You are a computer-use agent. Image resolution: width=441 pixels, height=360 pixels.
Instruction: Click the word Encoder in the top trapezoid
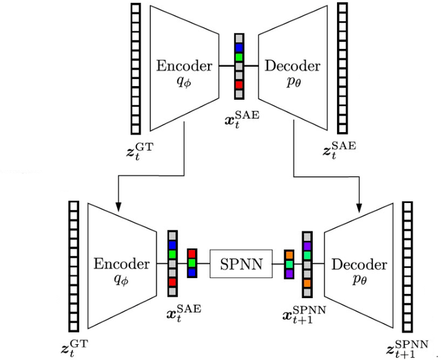coord(185,65)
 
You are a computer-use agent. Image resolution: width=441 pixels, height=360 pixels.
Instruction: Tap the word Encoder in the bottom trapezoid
coord(121,264)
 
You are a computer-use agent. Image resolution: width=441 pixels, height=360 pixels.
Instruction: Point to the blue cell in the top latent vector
coord(239,47)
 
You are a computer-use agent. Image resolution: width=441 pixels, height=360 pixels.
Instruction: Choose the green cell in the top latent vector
coord(239,57)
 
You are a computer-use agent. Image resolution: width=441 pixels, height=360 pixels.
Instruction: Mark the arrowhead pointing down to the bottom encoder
coord(119,206)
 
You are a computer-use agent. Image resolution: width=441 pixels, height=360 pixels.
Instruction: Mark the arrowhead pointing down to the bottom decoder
coord(360,206)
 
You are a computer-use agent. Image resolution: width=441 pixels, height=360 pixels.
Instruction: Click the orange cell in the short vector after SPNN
coord(289,255)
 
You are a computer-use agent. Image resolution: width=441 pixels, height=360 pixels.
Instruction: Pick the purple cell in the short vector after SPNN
coord(289,273)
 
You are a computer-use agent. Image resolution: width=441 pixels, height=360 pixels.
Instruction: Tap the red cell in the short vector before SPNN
coord(192,255)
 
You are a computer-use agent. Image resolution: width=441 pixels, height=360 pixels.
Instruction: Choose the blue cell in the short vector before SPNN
coord(192,273)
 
